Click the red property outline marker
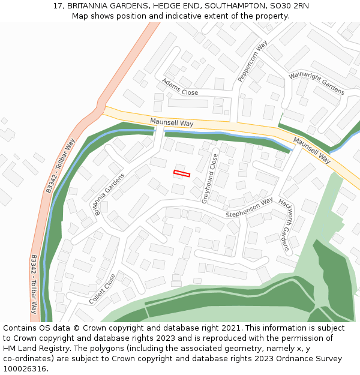click(x=182, y=173)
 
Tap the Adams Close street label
click(x=180, y=86)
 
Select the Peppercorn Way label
click(x=252, y=61)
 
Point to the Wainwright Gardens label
click(x=316, y=83)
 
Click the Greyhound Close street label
click(x=209, y=178)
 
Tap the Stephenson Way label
click(x=249, y=207)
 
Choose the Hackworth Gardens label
click(x=287, y=226)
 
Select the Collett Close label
click(x=102, y=289)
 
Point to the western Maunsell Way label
click(x=172, y=122)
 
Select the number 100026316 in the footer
click(x=25, y=369)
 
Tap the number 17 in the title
click(x=58, y=5)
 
